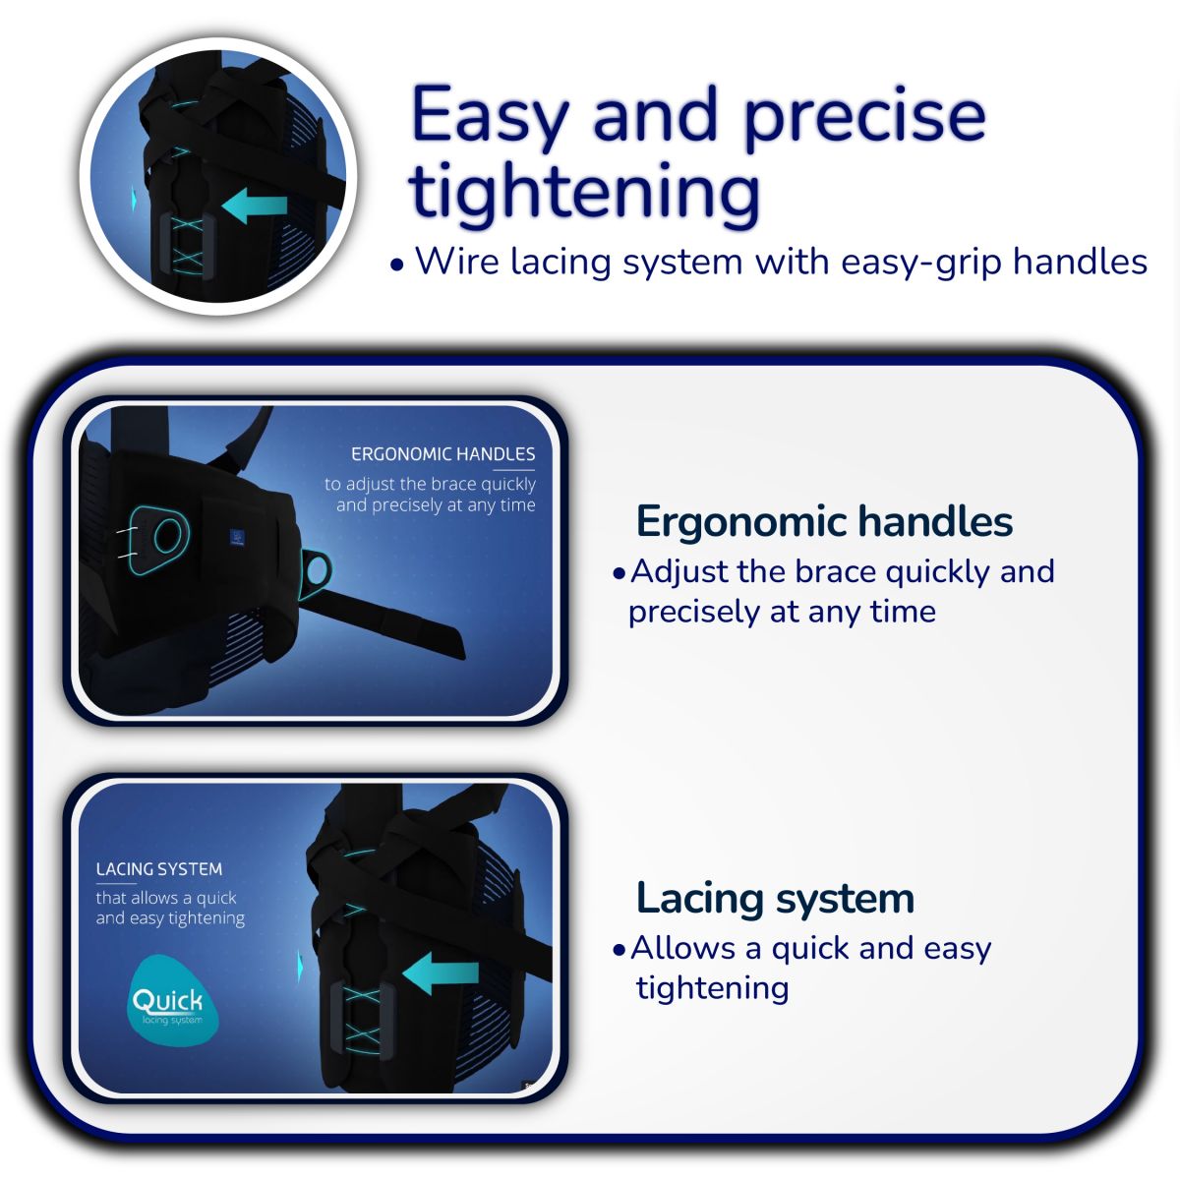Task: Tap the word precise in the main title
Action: click(864, 117)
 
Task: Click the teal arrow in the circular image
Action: click(255, 206)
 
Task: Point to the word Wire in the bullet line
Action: click(457, 262)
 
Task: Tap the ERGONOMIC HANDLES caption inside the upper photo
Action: click(442, 453)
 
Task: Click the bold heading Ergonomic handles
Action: click(824, 521)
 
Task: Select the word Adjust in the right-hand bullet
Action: click(679, 572)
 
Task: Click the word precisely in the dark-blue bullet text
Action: click(694, 612)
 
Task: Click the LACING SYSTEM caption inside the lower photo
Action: click(159, 869)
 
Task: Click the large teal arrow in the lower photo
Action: click(441, 973)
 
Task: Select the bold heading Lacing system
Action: click(775, 899)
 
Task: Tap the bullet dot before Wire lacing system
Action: click(397, 265)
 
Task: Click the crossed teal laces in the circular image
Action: click(187, 244)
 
